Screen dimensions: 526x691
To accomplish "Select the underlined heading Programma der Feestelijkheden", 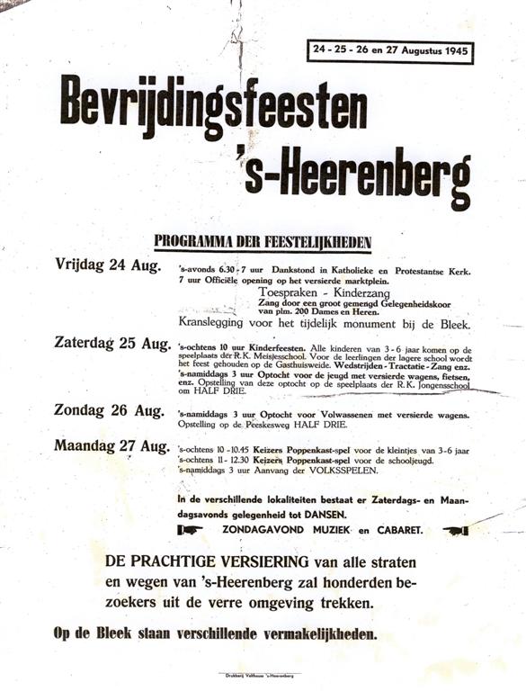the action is coord(263,241).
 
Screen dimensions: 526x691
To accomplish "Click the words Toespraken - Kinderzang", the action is coord(315,292).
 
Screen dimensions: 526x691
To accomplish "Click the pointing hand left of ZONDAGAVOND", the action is coord(191,530).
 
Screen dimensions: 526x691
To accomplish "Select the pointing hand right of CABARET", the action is coord(457,530).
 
